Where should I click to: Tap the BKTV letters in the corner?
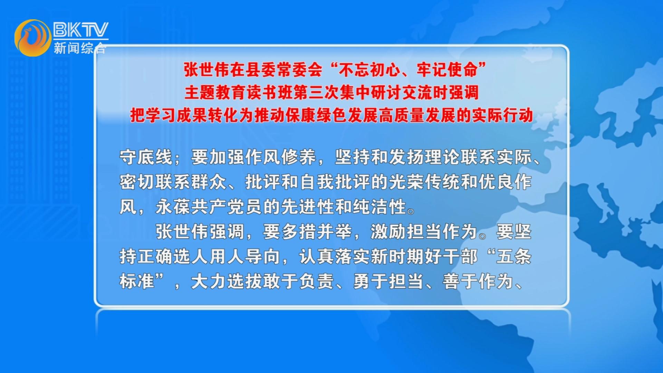pos(81,30)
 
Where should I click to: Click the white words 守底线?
pos(146,157)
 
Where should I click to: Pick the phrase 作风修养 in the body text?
pos(281,157)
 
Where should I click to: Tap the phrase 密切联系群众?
pos(173,182)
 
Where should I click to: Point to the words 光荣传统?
pos(424,182)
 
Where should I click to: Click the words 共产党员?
pos(227,207)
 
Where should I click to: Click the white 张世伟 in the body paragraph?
pos(182,232)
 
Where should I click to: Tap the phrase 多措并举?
pos(317,232)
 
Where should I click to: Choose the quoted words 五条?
pos(513,257)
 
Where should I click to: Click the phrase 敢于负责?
pos(299,281)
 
